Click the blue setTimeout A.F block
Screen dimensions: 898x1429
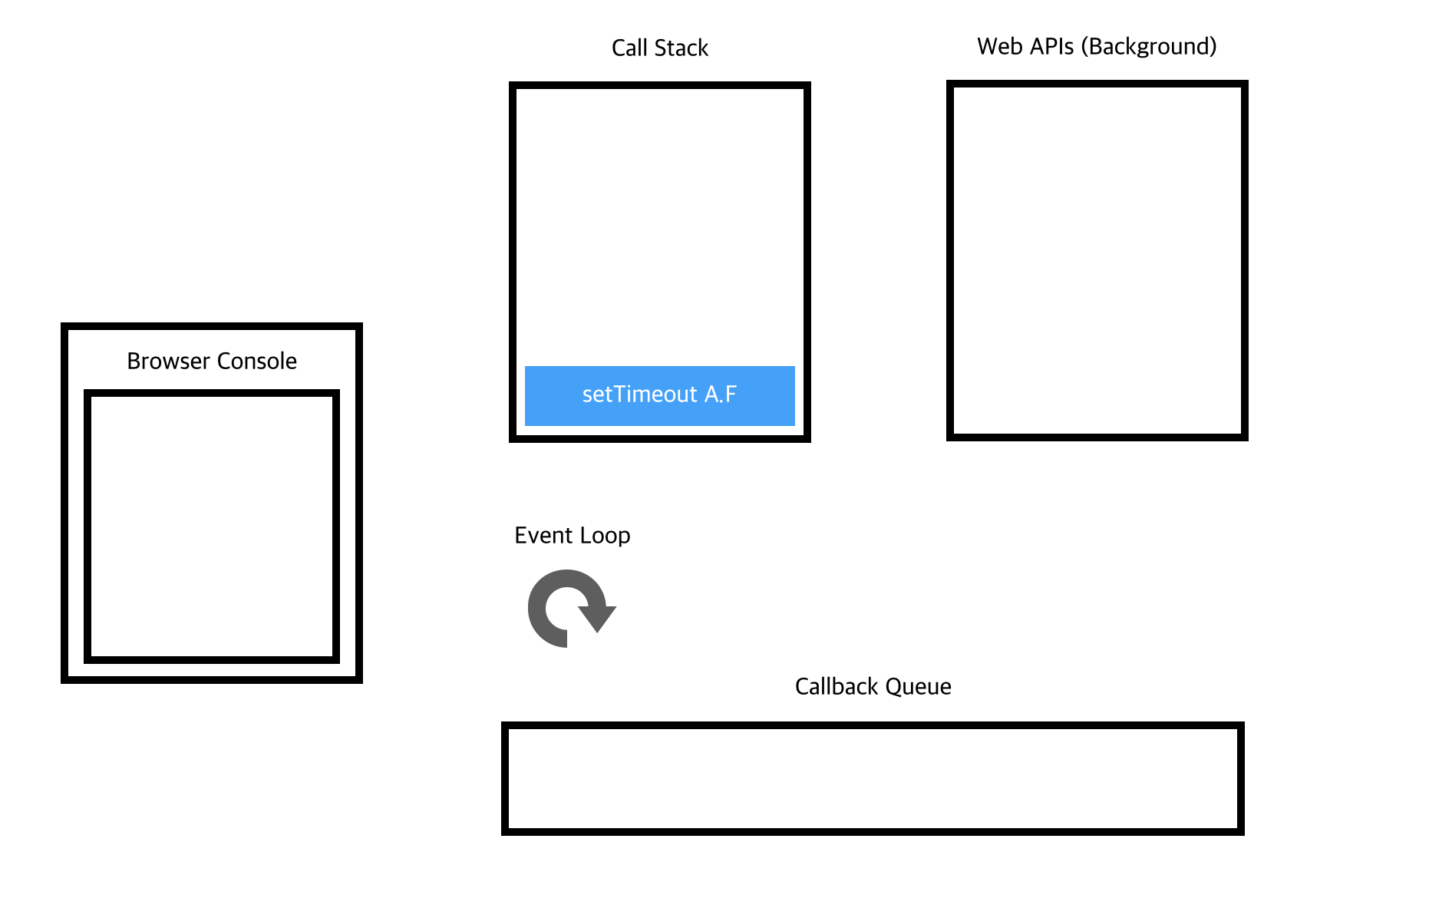pyautogui.click(x=659, y=395)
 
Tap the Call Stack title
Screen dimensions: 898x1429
pyautogui.click(x=659, y=48)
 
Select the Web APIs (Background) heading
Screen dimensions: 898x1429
pyautogui.click(x=1096, y=46)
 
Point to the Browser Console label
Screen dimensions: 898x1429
pyautogui.click(x=211, y=361)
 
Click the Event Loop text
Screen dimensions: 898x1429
pyautogui.click(x=572, y=535)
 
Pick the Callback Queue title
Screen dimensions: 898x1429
pyautogui.click(x=873, y=686)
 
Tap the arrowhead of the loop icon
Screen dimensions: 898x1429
pyautogui.click(x=597, y=617)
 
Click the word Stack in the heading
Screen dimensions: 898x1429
pyautogui.click(x=681, y=48)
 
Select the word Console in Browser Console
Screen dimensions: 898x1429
pyautogui.click(x=256, y=361)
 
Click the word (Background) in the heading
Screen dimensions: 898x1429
pyautogui.click(x=1148, y=46)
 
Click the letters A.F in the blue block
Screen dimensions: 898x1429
pyautogui.click(x=720, y=395)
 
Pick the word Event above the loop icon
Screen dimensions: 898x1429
pyautogui.click(x=542, y=535)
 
